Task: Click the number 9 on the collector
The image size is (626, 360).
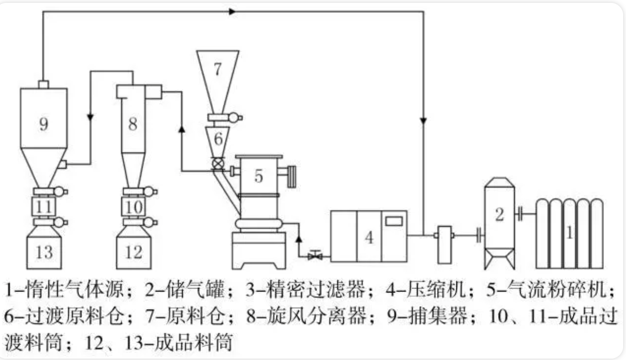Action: pyautogui.click(x=44, y=124)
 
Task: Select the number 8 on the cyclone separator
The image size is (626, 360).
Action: pyautogui.click(x=133, y=124)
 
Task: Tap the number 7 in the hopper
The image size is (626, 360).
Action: pyautogui.click(x=218, y=70)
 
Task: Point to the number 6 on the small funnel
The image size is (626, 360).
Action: pyautogui.click(x=218, y=139)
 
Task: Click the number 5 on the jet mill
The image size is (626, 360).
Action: pyautogui.click(x=259, y=176)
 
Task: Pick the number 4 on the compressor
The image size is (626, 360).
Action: pyautogui.click(x=369, y=238)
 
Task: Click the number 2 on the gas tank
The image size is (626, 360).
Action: pyautogui.click(x=499, y=215)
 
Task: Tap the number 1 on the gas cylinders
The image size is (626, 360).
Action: pyautogui.click(x=569, y=233)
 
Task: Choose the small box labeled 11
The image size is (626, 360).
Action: pyautogui.click(x=44, y=207)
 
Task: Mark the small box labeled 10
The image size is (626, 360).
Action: pyautogui.click(x=133, y=207)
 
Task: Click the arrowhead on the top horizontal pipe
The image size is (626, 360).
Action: pyautogui.click(x=232, y=11)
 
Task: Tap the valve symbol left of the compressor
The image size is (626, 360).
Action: pyautogui.click(x=315, y=255)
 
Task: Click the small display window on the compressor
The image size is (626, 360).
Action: pyautogui.click(x=393, y=221)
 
